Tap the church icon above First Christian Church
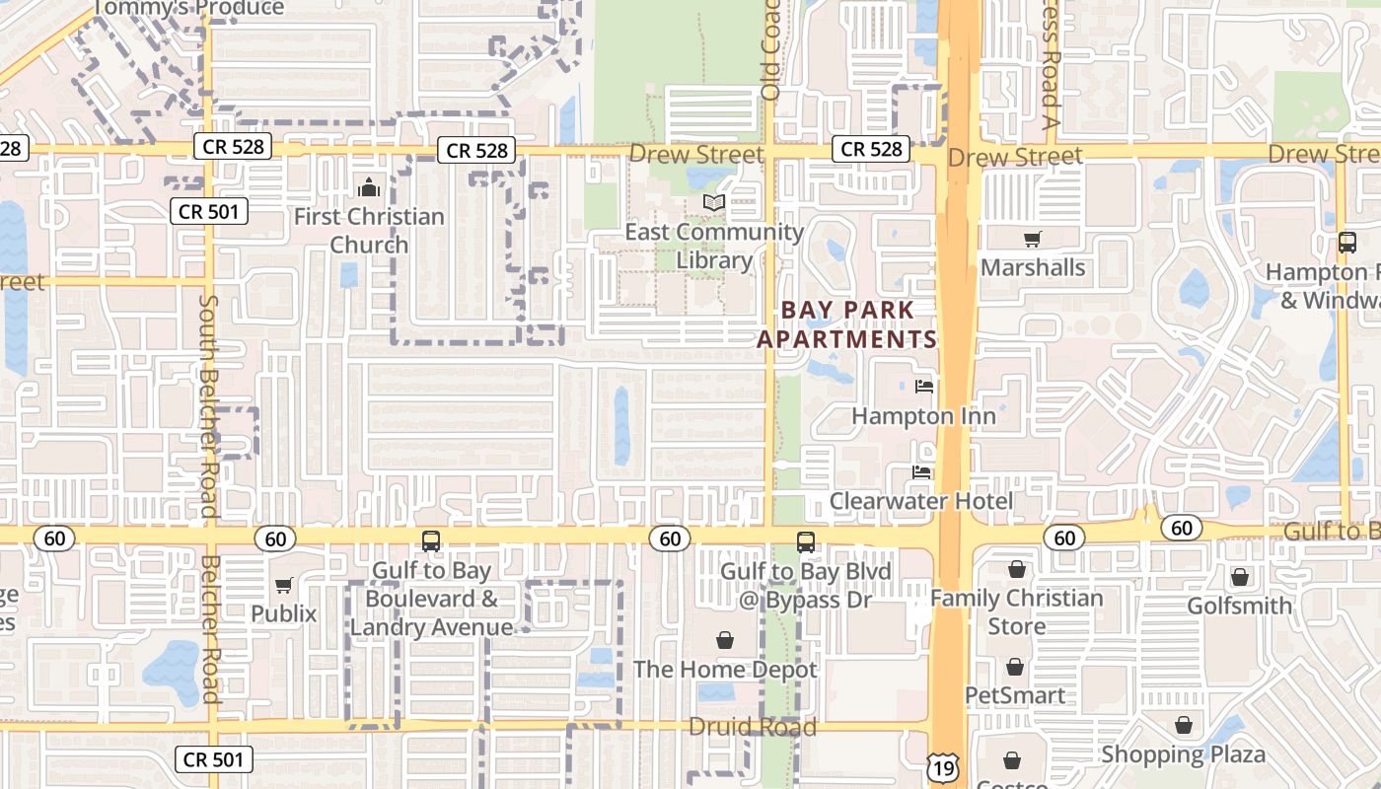click(369, 186)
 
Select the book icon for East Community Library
click(714, 202)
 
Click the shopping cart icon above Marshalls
click(1033, 239)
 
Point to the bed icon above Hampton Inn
click(923, 386)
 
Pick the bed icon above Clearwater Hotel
click(921, 472)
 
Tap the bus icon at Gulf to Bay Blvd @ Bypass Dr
click(806, 541)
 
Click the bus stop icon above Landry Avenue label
click(431, 540)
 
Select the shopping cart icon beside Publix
click(284, 585)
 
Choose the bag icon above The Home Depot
click(725, 640)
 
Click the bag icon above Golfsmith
click(1240, 576)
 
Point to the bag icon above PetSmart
click(1015, 667)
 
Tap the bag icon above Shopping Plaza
click(1183, 726)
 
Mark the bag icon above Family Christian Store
click(1017, 569)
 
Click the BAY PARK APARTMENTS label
click(846, 324)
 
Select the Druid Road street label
click(753, 727)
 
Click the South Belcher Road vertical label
click(208, 404)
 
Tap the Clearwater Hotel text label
click(920, 501)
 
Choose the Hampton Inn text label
click(923, 416)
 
